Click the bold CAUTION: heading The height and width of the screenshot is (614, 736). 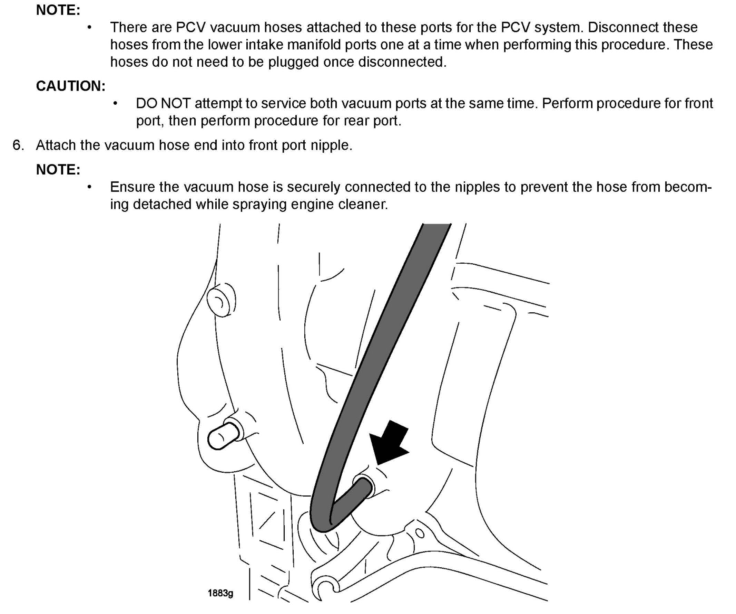tap(70, 86)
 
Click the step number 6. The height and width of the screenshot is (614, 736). tap(18, 145)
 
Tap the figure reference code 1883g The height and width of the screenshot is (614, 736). tap(220, 594)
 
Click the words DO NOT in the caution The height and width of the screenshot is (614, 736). tap(163, 104)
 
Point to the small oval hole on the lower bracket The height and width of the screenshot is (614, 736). tap(420, 533)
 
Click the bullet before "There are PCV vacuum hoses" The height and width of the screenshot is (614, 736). tap(90, 27)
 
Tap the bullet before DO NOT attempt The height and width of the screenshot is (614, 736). tap(115, 104)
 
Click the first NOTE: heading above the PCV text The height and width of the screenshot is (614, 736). tap(58, 10)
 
